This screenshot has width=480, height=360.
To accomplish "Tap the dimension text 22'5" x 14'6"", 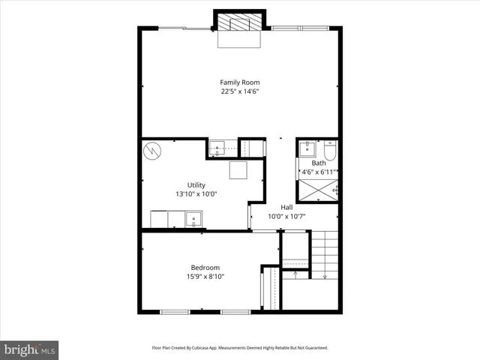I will [x=240, y=91].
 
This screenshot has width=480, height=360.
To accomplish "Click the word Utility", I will [x=196, y=185].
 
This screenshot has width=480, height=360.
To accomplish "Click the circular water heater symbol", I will [x=152, y=150].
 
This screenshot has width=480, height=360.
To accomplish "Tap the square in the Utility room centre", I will [x=238, y=170].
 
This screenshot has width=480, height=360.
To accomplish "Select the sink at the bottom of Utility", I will [x=193, y=220].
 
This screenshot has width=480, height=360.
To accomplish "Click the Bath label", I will [x=319, y=163].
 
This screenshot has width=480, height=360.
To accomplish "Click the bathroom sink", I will [x=307, y=148].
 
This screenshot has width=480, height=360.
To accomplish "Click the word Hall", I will [x=286, y=208].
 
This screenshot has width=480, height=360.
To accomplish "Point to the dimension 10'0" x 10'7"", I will [x=286, y=217].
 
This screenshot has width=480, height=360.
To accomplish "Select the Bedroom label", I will [x=205, y=268].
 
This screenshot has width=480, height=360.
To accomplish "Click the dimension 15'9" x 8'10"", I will [x=205, y=277].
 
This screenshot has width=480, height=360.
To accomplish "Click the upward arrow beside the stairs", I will [x=295, y=274].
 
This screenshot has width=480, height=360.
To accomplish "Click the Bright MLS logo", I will [x=29, y=349].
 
